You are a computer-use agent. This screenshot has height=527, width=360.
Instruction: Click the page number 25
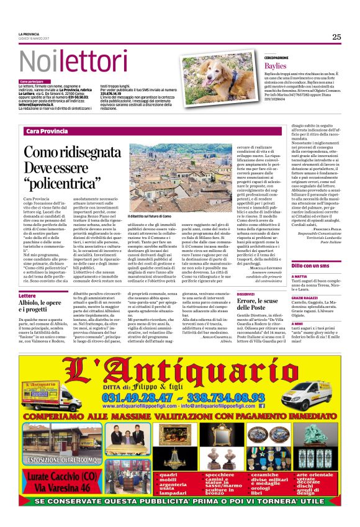tap(336, 37)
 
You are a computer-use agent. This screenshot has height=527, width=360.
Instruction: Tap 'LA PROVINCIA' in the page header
tap(30, 34)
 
